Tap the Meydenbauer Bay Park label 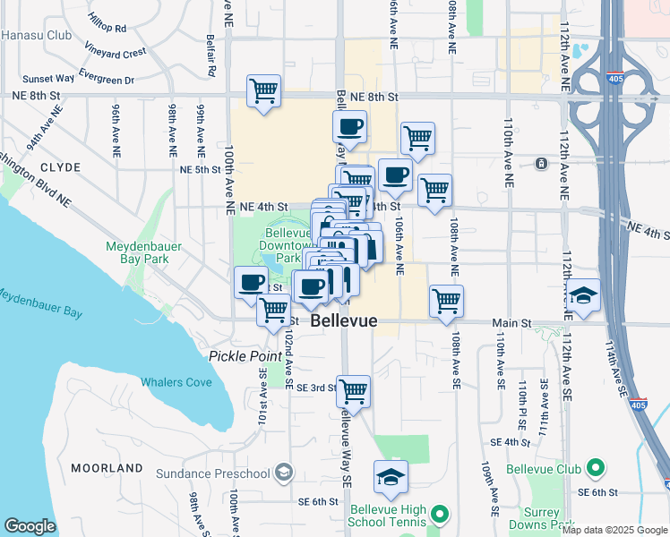[137, 251]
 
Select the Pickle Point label [245, 355]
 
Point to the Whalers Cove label [176, 382]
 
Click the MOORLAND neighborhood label [107, 468]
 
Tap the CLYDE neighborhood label [60, 167]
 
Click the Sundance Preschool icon [283, 472]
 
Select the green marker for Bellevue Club [594, 468]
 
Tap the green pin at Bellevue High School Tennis [439, 514]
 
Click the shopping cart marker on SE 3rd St [354, 391]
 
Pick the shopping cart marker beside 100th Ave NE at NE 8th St [263, 90]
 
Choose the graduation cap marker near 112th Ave [583, 295]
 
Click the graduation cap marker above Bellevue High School [391, 477]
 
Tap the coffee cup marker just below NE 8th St [349, 127]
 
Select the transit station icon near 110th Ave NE [541, 164]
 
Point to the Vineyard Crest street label [116, 53]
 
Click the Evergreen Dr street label [106, 80]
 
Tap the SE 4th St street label [511, 442]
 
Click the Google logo [29, 526]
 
